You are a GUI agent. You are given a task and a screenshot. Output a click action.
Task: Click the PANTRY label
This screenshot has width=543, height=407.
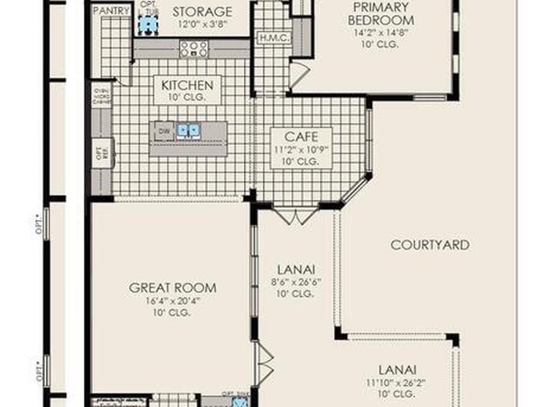click(x=111, y=11)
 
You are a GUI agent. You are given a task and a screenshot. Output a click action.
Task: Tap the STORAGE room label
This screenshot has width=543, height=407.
click(x=202, y=11)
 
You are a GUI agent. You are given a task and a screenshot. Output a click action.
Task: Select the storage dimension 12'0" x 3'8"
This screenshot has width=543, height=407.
click(x=202, y=24)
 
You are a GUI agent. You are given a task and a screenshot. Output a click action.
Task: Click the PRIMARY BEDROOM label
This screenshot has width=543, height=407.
click(x=381, y=14)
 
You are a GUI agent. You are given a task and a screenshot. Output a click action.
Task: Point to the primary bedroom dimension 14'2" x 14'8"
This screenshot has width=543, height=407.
click(x=381, y=33)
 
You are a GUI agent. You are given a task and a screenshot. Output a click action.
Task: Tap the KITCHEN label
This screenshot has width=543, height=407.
click(x=187, y=85)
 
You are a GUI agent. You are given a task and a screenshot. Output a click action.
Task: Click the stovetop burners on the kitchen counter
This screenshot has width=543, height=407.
click(x=194, y=48)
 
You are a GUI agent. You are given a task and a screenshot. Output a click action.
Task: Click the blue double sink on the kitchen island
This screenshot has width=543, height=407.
click(x=188, y=130)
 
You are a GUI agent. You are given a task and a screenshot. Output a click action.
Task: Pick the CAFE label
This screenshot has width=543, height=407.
click(x=301, y=137)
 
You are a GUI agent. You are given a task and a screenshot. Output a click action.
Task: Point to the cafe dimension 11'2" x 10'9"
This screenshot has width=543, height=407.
click(x=301, y=150)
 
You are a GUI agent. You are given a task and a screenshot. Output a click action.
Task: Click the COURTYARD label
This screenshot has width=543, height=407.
click(x=430, y=245)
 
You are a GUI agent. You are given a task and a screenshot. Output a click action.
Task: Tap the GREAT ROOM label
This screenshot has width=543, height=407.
click(x=173, y=288)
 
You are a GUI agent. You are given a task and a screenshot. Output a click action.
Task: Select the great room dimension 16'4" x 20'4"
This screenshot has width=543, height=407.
click(x=173, y=301)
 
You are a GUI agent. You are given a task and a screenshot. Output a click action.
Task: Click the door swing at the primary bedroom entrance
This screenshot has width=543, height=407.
click(x=298, y=73)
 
